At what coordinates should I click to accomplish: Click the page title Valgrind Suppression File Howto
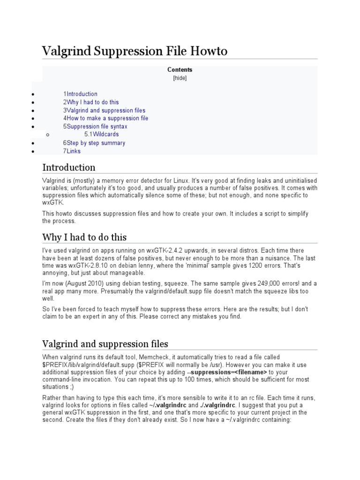click(x=135, y=51)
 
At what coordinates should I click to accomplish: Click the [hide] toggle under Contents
click(x=180, y=78)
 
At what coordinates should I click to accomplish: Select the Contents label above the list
click(x=180, y=70)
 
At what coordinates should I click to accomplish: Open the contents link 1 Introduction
click(x=80, y=94)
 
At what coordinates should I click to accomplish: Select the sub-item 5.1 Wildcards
click(x=102, y=135)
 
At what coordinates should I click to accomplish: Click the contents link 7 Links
click(x=72, y=151)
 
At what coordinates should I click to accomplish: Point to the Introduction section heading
click(x=69, y=167)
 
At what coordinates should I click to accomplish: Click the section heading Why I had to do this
click(x=84, y=237)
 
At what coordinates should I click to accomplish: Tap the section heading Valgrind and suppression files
click(x=105, y=344)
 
